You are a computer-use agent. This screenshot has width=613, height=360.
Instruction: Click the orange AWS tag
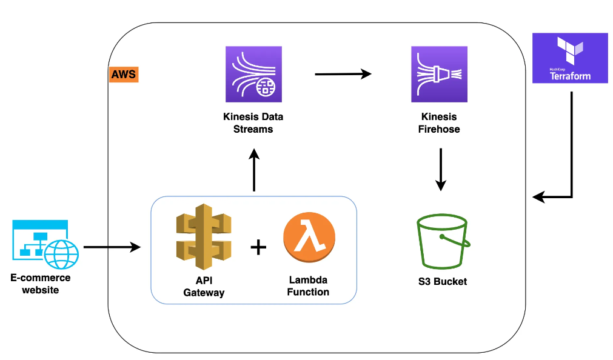click(x=124, y=75)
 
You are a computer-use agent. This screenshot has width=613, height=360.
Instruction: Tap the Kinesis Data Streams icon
click(x=253, y=74)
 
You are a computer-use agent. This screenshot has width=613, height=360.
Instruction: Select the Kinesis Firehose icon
click(x=439, y=74)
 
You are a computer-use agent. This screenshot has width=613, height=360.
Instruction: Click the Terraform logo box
click(x=569, y=58)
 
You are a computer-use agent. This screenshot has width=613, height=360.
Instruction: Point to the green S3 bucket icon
click(x=443, y=242)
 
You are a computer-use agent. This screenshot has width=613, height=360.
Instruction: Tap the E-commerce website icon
click(x=45, y=245)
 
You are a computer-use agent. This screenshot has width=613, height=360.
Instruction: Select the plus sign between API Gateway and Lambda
click(x=258, y=247)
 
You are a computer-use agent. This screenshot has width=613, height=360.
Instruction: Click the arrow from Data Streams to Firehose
click(x=343, y=74)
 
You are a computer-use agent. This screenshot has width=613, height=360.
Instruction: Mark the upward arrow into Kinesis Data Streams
click(x=254, y=171)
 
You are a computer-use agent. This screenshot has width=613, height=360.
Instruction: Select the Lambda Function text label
click(x=308, y=286)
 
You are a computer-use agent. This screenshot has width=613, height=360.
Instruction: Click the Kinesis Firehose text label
click(x=439, y=122)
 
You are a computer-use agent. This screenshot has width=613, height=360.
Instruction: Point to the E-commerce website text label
click(x=41, y=284)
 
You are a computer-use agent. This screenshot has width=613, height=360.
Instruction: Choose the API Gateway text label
click(x=204, y=287)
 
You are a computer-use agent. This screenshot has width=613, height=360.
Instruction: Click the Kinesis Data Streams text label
click(x=253, y=122)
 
